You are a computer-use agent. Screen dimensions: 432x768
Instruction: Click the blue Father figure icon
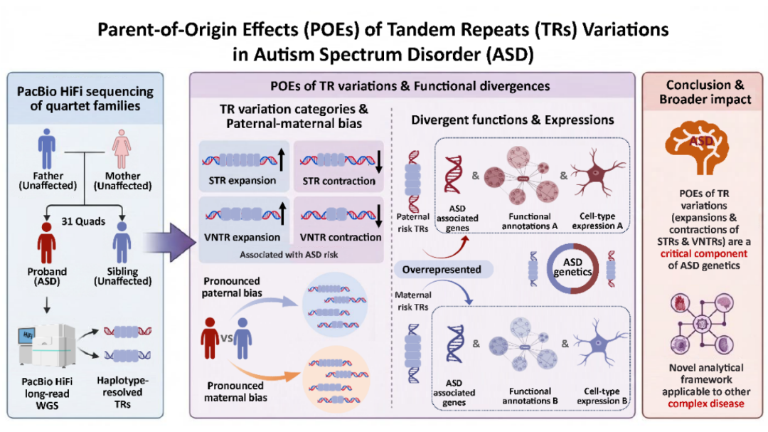pyautogui.click(x=47, y=149)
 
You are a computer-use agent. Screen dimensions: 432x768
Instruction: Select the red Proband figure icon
pyautogui.click(x=47, y=242)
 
